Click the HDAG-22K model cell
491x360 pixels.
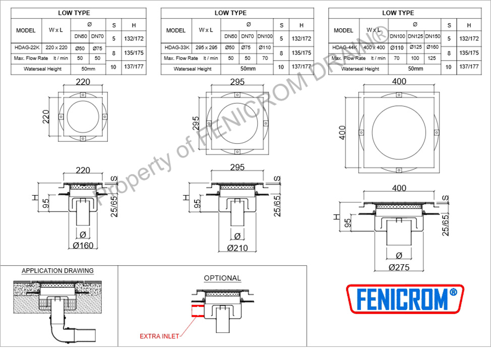(27, 47)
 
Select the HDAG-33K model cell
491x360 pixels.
(177, 47)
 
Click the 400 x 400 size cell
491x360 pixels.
(374, 47)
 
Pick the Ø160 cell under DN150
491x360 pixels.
(433, 47)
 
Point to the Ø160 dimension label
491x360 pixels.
(83, 246)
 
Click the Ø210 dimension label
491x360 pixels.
(237, 248)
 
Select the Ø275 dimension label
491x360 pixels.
(399, 267)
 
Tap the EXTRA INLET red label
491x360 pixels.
(159, 336)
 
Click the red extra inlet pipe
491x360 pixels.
(198, 311)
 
